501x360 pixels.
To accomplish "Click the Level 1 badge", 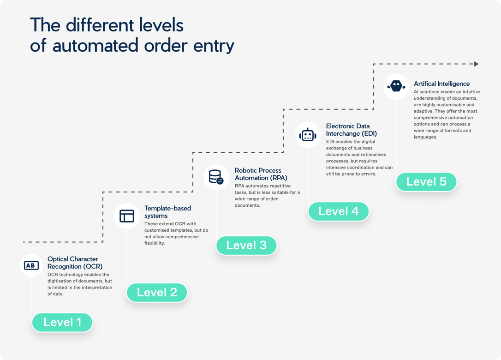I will pos(62,322).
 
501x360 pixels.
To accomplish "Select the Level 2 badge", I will pos(157,293).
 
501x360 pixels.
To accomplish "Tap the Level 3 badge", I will pos(246,246).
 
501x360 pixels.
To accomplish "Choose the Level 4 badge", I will pos(339,211).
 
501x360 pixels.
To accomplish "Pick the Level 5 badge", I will pos(426,182).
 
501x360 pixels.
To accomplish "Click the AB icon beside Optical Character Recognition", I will pos(31,265).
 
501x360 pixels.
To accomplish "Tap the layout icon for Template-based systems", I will pos(127,216).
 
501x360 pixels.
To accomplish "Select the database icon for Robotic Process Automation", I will pos(216,177).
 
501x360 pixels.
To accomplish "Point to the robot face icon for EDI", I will pos(308,135).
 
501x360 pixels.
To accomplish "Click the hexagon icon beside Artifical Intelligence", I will pos(396,86).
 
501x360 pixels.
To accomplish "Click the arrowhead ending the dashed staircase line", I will pos(476,64).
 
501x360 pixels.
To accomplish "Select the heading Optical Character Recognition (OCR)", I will pos(75,263).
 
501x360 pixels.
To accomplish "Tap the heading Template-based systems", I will pos(167,212).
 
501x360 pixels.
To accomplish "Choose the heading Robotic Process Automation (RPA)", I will pos(258,174).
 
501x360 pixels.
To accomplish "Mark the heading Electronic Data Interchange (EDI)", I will pos(351,130).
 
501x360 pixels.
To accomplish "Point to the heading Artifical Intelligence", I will pos(441,84).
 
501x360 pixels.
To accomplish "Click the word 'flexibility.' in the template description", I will pos(155,243).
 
